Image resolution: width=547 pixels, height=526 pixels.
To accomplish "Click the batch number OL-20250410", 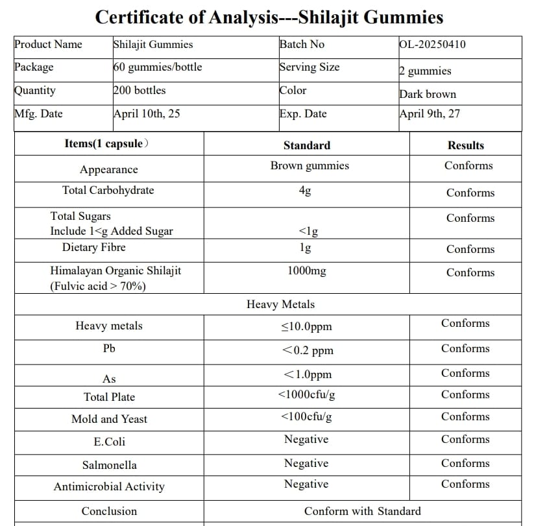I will click(432, 45).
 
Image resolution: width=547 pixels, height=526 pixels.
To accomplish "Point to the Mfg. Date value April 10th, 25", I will click(147, 114).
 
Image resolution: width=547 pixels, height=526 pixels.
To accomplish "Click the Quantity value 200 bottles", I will click(140, 90).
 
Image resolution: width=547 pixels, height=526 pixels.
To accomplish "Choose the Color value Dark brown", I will click(428, 94).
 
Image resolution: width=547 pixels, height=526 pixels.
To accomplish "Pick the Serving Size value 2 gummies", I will click(425, 71).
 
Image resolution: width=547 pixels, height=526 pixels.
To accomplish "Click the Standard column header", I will click(306, 145).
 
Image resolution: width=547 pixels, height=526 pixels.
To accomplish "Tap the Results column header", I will click(465, 145).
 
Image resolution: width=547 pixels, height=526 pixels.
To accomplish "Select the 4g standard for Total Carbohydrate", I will click(305, 191).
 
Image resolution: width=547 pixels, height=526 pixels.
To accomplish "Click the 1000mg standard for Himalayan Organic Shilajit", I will click(306, 271).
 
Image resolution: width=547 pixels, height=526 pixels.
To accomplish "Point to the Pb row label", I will click(109, 349).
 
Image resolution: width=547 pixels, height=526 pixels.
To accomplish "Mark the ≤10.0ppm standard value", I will click(306, 326).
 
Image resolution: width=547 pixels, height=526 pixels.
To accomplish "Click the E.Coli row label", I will click(109, 442).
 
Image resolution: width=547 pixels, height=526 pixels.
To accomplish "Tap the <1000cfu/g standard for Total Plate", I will click(306, 394).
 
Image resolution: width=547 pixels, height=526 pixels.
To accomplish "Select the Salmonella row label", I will click(109, 465).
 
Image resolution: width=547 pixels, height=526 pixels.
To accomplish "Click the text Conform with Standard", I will click(362, 511).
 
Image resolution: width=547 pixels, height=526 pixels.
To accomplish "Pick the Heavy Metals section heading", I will click(280, 304).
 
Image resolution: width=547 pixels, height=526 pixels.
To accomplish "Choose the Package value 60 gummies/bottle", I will click(157, 67).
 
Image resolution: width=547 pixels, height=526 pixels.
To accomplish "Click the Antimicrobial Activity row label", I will click(109, 486).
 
